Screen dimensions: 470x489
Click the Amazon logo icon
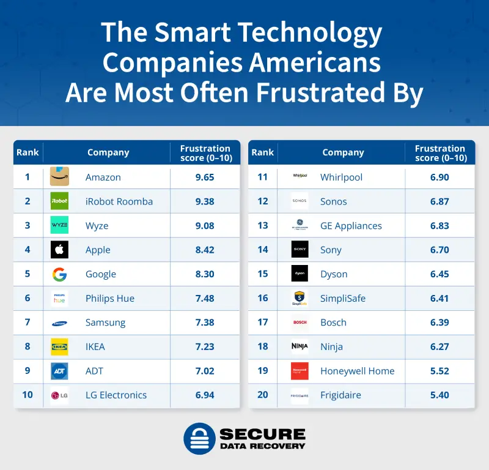pyautogui.click(x=59, y=177)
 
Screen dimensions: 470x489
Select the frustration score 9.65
pyautogui.click(x=205, y=177)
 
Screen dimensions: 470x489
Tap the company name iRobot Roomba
pyautogui.click(x=119, y=201)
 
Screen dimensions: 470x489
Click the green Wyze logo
pyautogui.click(x=59, y=225)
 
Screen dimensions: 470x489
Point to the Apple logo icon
pyautogui.click(x=59, y=250)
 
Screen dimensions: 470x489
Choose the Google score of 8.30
pyautogui.click(x=205, y=274)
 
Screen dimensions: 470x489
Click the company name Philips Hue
pyautogui.click(x=110, y=298)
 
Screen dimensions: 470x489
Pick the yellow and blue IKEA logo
pyautogui.click(x=59, y=346)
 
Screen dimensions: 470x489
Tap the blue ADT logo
pyautogui.click(x=59, y=371)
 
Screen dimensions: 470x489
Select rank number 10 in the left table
pyautogui.click(x=28, y=395)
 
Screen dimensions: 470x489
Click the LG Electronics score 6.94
pyautogui.click(x=205, y=395)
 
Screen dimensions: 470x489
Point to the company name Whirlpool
pyautogui.click(x=341, y=177)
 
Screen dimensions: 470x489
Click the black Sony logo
pyautogui.click(x=300, y=250)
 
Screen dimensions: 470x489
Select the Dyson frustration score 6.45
pyautogui.click(x=439, y=274)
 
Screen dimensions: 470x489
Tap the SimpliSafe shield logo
pyautogui.click(x=300, y=298)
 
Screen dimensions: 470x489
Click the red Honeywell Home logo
pyautogui.click(x=300, y=371)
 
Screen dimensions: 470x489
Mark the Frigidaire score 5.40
pyautogui.click(x=439, y=395)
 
